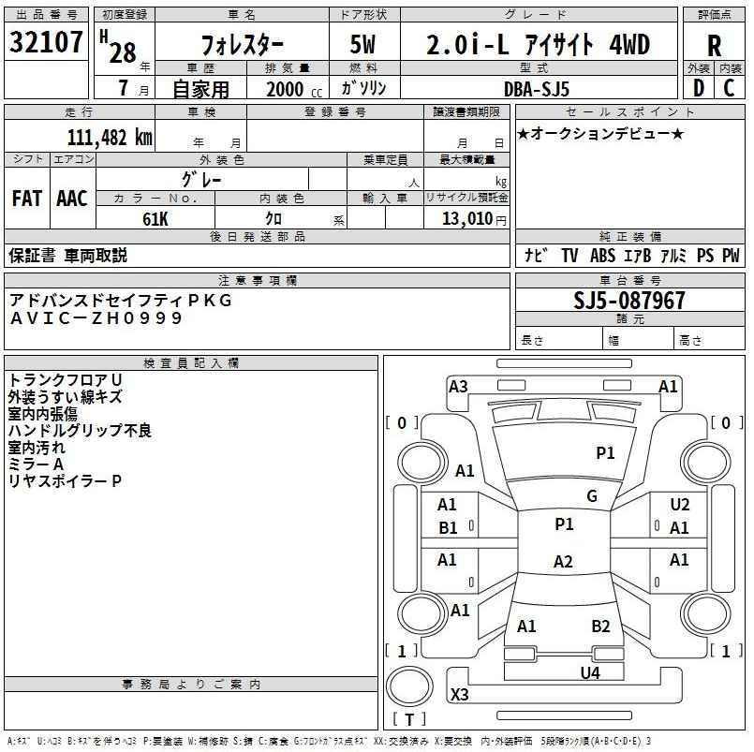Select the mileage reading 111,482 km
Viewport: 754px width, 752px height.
pos(109,137)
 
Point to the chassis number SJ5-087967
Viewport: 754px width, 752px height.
pos(628,301)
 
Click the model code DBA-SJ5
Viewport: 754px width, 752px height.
pos(537,89)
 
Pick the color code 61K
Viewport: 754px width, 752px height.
pos(155,219)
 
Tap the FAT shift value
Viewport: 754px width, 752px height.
pos(26,199)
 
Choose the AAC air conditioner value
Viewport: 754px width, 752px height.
pos(71,199)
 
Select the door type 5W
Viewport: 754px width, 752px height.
pos(364,45)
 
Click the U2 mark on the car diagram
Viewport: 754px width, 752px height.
pos(680,505)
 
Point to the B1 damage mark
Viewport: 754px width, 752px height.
pos(448,528)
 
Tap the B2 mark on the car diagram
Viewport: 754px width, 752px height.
pos(600,627)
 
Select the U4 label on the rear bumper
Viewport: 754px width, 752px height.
pos(589,672)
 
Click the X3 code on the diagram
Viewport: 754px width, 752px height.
pos(459,695)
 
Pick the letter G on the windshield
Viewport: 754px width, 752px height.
pos(592,496)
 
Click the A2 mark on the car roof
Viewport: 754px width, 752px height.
pos(563,562)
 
